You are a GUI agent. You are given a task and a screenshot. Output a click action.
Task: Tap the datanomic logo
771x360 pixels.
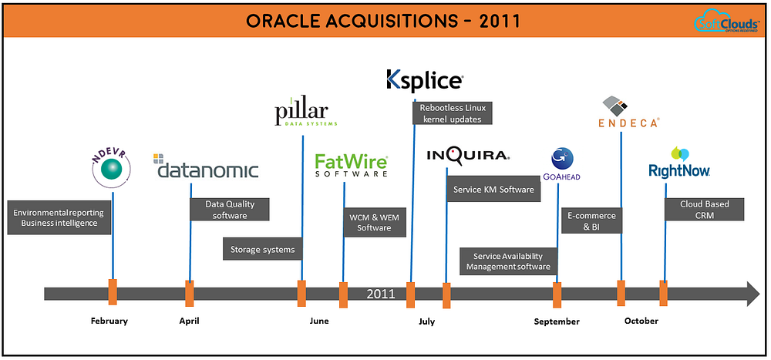pyautogui.click(x=207, y=168)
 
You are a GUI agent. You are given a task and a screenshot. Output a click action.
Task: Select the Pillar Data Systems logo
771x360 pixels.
pyautogui.click(x=306, y=113)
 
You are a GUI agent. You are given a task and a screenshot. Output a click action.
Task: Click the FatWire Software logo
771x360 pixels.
pyautogui.click(x=351, y=165)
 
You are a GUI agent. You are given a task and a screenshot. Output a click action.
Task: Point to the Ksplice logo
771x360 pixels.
pyautogui.click(x=425, y=80)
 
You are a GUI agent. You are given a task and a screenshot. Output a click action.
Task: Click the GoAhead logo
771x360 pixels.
pyautogui.click(x=561, y=164)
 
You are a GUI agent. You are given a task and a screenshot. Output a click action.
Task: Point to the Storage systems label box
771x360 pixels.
pyautogui.click(x=263, y=249)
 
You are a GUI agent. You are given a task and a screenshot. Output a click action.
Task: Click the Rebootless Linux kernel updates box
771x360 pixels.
pyautogui.click(x=450, y=113)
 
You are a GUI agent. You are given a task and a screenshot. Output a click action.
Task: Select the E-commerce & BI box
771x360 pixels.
pyautogui.click(x=591, y=222)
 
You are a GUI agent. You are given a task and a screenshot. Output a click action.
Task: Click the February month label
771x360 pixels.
pyautogui.click(x=109, y=321)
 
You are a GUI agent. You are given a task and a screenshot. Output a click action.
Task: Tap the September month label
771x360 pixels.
pyautogui.click(x=557, y=321)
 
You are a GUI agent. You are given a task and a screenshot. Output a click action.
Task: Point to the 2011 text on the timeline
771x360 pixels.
pyautogui.click(x=381, y=294)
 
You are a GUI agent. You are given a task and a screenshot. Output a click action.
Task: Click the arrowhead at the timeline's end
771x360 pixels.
pyautogui.click(x=752, y=293)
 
